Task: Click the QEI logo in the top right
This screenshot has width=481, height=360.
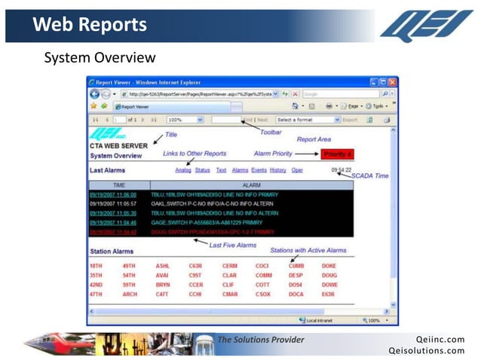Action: click(x=426, y=24)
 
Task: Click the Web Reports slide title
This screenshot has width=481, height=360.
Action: click(x=90, y=25)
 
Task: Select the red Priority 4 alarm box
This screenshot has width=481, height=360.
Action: click(x=337, y=154)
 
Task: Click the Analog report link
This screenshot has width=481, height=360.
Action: click(x=183, y=170)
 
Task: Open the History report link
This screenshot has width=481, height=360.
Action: click(x=277, y=170)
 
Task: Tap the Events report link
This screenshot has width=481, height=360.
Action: click(x=259, y=170)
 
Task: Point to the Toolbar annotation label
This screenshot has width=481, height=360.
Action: click(x=271, y=132)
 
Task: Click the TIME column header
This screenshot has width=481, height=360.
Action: click(x=119, y=184)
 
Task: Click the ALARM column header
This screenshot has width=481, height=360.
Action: click(x=251, y=184)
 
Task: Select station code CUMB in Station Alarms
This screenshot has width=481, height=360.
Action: click(x=296, y=266)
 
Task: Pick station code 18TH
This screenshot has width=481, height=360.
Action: click(x=96, y=266)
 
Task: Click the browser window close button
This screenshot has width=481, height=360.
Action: click(x=392, y=81)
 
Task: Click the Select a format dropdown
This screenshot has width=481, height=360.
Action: click(x=303, y=120)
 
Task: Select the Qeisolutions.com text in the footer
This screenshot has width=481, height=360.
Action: click(x=427, y=350)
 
